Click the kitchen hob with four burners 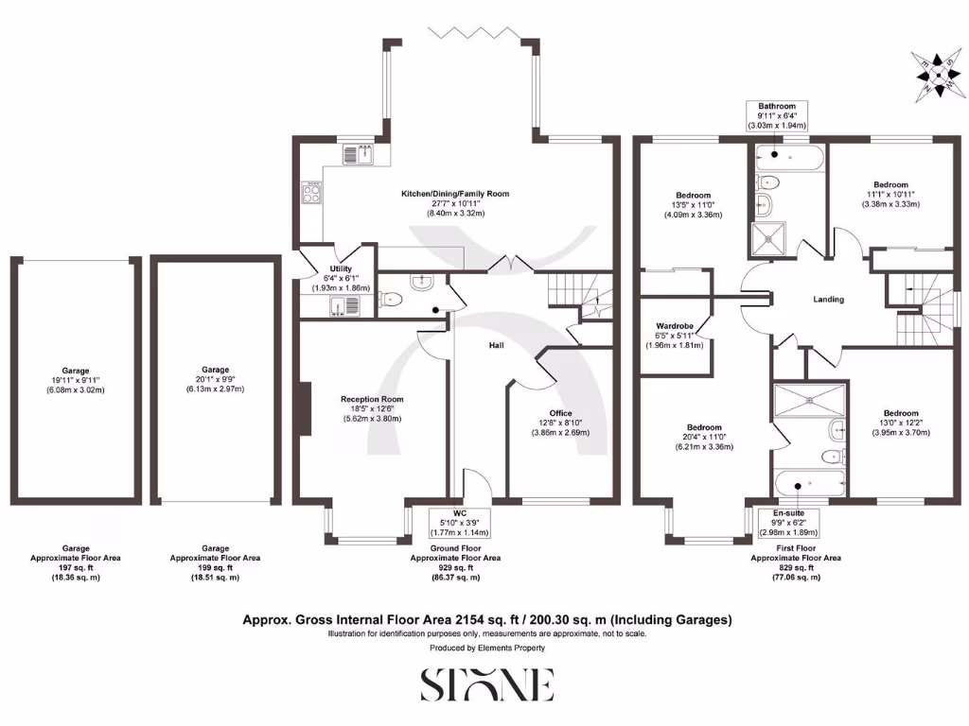[x=311, y=194]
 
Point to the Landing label [x=828, y=300]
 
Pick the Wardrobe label [x=675, y=335]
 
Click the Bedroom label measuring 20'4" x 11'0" [x=704, y=437]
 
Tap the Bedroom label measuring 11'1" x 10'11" [x=890, y=194]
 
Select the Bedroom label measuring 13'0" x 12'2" [x=901, y=423]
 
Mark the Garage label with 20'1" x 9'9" [x=215, y=380]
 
